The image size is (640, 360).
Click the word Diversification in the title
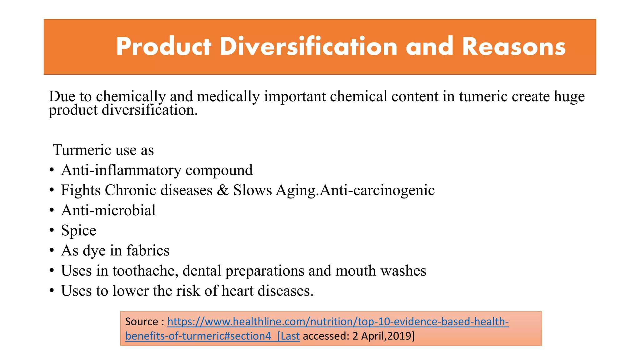(x=308, y=47)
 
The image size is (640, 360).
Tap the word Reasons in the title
(x=514, y=47)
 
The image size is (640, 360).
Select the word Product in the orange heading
(x=163, y=47)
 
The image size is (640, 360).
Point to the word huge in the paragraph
(x=569, y=96)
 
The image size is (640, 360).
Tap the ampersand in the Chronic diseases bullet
(x=222, y=190)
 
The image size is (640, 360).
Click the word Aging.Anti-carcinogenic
(x=355, y=190)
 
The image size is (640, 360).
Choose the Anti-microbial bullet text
(x=108, y=210)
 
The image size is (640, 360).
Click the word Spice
(x=78, y=231)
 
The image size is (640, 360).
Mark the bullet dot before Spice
(x=52, y=231)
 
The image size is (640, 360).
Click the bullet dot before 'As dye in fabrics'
(x=52, y=251)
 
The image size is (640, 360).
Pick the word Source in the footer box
(x=142, y=322)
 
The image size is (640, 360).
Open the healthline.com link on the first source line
(x=338, y=322)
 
